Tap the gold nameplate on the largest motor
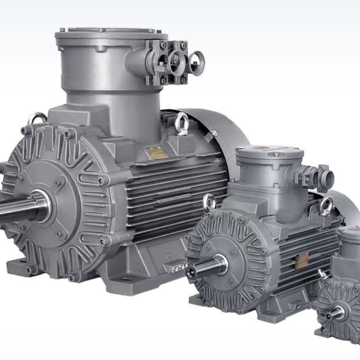156,153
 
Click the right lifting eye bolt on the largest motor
181,122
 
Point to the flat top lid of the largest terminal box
111,34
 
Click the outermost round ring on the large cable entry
197,63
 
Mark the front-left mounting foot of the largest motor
18,267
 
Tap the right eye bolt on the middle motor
327,204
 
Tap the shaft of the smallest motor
334,314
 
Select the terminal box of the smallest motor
350,250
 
